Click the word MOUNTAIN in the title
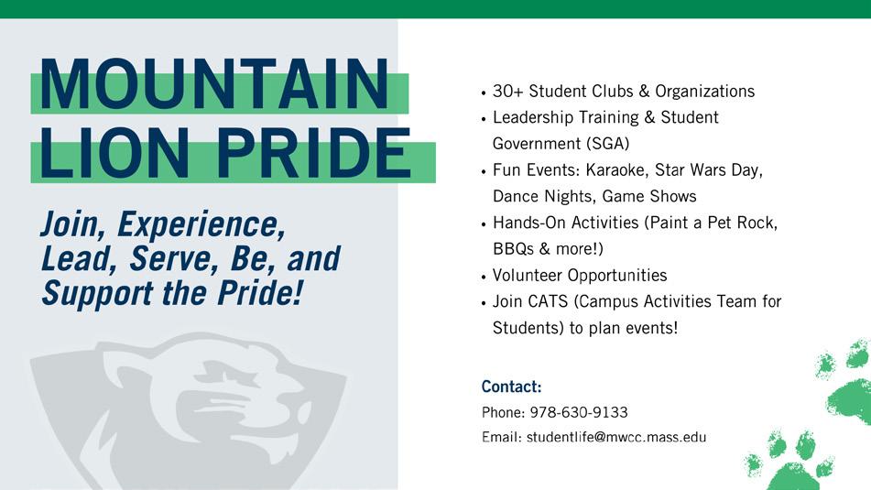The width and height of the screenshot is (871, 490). click(214, 84)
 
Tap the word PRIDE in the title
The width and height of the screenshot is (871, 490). click(314, 152)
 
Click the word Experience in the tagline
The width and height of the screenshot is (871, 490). click(201, 225)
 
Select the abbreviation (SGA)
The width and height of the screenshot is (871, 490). click(608, 144)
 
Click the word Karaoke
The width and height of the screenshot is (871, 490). click(616, 170)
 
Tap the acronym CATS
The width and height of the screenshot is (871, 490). click(548, 301)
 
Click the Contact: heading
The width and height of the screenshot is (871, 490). click(511, 387)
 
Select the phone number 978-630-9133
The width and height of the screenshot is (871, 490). click(579, 412)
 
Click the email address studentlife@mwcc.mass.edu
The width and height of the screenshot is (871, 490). click(616, 437)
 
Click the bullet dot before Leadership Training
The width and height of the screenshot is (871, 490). click(484, 119)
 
